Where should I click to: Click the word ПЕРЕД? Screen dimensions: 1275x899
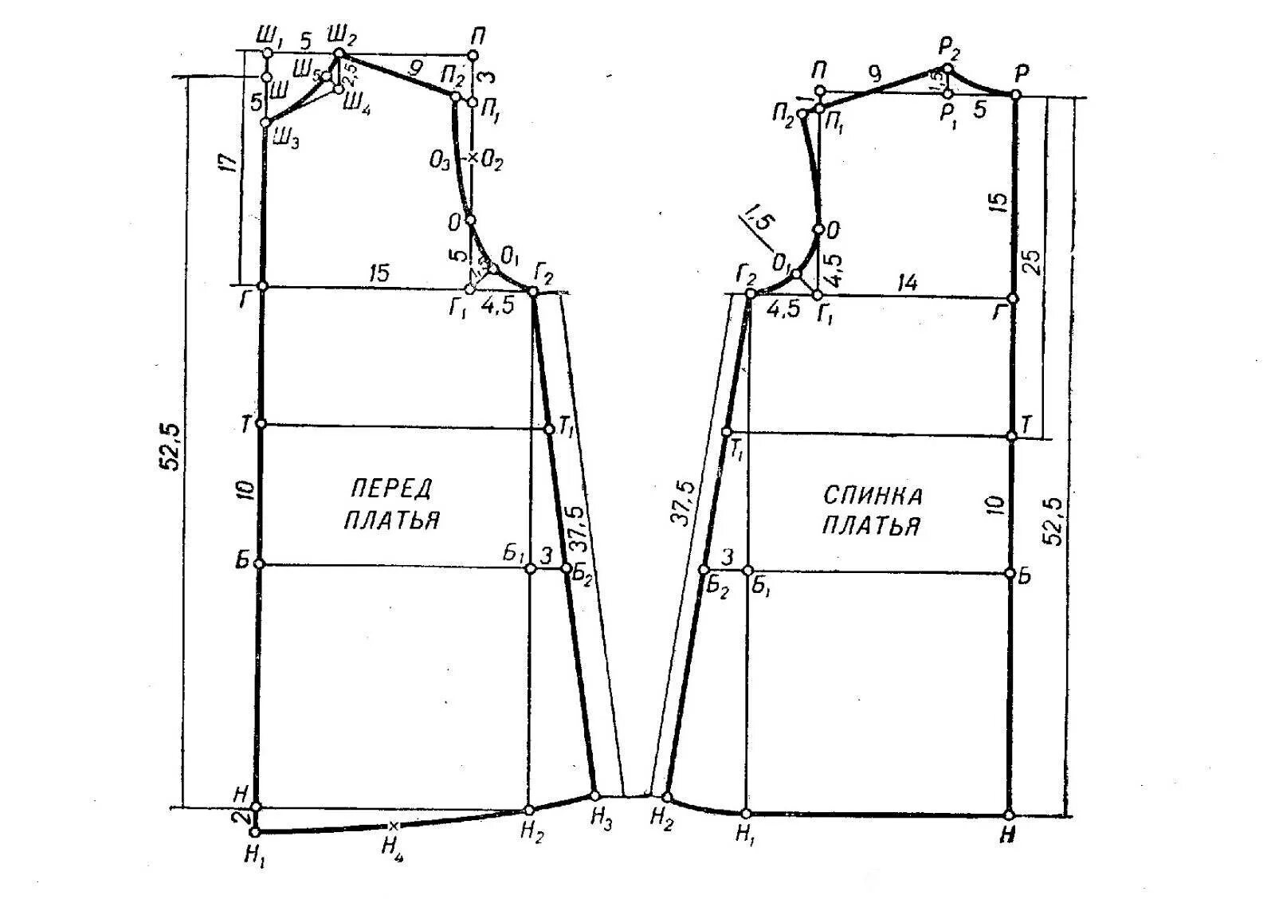391,488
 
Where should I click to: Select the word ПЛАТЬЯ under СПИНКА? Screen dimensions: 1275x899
872,526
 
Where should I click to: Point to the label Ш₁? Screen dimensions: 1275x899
269,37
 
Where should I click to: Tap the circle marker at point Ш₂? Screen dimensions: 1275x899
337,53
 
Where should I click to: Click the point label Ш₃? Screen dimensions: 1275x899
284,140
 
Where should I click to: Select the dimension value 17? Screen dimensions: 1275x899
229,164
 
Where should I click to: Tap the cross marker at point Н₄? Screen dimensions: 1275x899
392,826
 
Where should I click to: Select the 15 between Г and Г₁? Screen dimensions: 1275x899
379,274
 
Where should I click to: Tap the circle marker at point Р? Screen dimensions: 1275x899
1016,95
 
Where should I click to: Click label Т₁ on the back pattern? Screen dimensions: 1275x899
737,452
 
